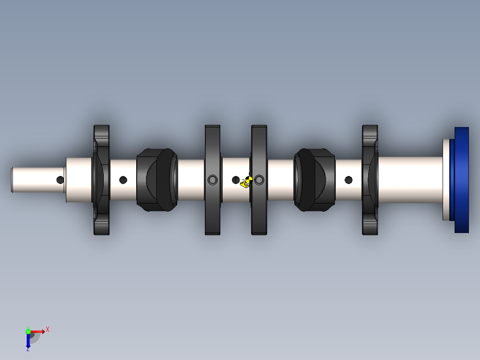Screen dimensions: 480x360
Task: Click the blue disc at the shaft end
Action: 461,180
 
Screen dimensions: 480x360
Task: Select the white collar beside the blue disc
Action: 446,180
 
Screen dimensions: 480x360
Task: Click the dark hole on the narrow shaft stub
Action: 60,180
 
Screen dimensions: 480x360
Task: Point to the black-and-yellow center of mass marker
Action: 249,180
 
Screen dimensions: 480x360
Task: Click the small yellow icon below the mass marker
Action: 244,184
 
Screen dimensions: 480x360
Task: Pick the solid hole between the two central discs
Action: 236,180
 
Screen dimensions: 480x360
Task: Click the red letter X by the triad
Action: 48,330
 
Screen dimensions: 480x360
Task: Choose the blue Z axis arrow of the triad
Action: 28,340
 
